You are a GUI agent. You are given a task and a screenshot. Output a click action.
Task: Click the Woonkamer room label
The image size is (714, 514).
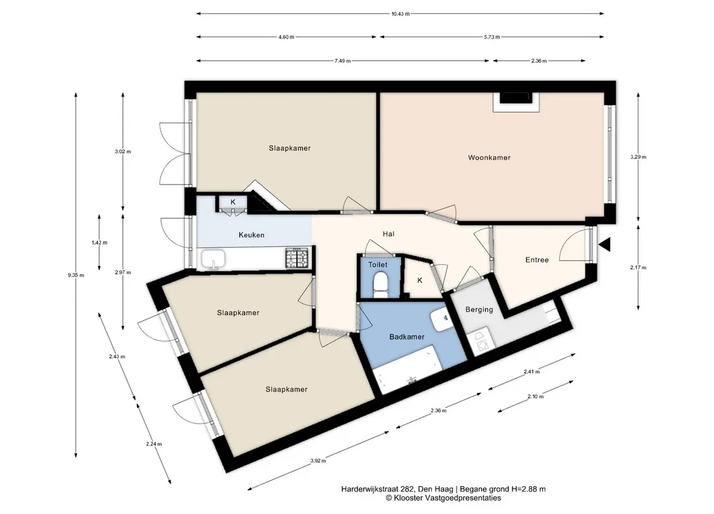489,158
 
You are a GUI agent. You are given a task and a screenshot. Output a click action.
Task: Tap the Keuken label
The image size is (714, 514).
251,235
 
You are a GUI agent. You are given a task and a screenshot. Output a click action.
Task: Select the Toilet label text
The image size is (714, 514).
378,265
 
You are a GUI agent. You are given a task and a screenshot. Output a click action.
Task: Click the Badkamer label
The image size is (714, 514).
407,337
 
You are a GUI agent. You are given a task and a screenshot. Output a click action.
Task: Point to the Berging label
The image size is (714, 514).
479,310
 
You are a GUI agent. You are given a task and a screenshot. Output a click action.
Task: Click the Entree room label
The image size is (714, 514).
537,260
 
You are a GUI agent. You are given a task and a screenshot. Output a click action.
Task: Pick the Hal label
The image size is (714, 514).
388,234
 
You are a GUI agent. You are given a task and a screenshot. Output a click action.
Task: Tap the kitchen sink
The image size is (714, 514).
213,259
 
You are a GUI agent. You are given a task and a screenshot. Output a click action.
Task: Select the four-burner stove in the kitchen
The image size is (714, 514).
297,258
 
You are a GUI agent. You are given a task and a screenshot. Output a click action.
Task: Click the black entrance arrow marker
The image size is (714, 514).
604,245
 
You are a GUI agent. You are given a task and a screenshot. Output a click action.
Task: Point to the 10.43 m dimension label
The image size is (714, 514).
400,14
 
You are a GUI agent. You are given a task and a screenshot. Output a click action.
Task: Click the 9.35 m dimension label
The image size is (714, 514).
76,275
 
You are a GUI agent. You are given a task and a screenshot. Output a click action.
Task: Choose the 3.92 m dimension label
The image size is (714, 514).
318,461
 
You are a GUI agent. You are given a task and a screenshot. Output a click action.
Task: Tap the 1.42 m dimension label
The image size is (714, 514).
99,243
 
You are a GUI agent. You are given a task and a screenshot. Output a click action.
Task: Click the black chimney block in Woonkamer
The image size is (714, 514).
516,98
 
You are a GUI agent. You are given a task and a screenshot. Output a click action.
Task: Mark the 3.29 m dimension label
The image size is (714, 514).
638,158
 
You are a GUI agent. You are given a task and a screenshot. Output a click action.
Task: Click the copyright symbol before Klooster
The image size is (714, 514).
389,498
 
